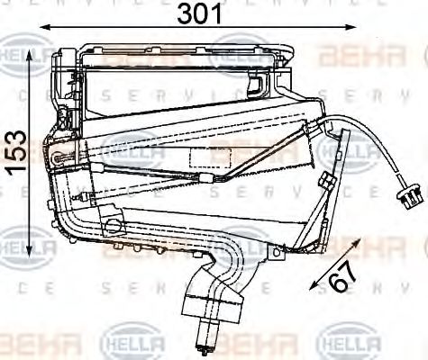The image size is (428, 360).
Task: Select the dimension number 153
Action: point(14,153)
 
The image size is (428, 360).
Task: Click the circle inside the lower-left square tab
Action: point(112,221)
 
